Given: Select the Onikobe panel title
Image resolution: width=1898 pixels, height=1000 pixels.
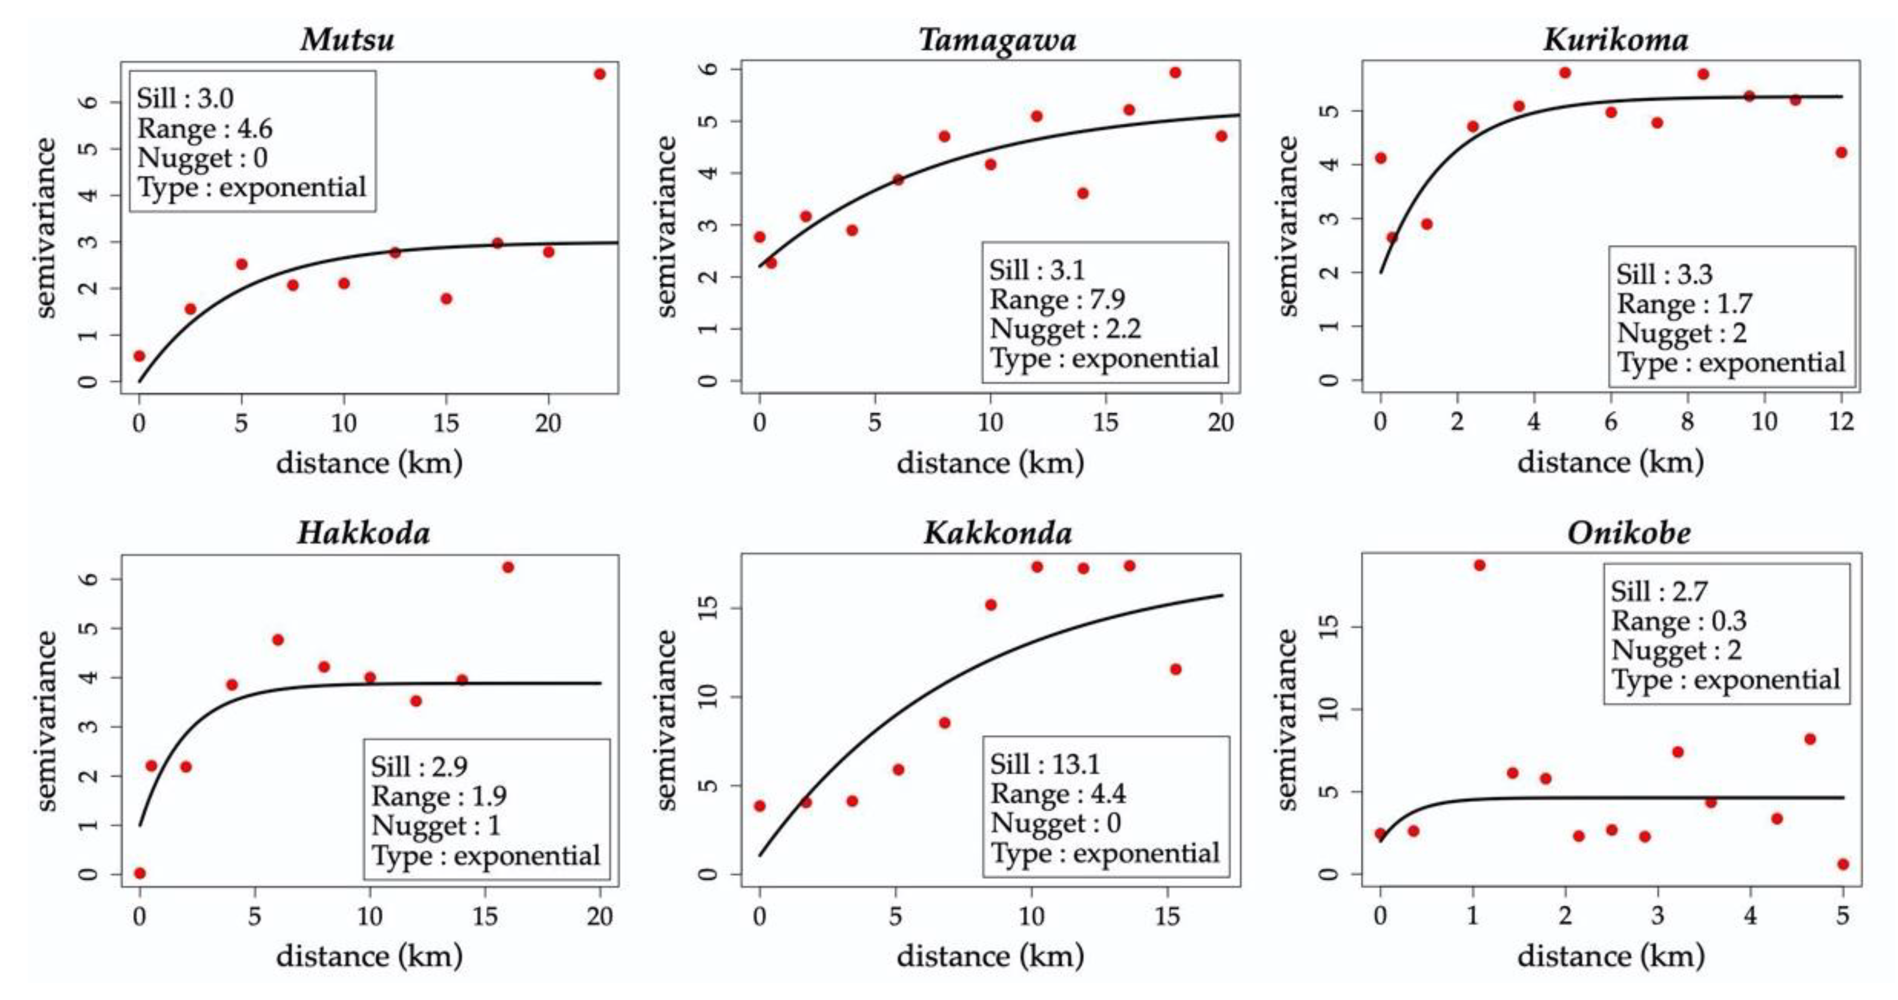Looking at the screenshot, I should tap(1629, 533).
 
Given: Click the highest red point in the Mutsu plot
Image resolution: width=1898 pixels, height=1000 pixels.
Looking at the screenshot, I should tap(600, 74).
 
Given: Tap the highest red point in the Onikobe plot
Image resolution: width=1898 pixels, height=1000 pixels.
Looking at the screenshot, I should tap(1479, 565).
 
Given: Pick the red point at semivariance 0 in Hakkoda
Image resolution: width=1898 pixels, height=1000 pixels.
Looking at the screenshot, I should tap(139, 873).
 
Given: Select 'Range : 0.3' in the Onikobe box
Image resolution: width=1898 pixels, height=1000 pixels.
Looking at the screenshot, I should tap(1679, 621).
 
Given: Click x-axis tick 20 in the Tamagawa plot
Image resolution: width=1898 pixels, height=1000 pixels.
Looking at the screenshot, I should tap(1221, 423).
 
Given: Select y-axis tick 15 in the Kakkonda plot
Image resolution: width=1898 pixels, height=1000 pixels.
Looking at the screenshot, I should tap(709, 609).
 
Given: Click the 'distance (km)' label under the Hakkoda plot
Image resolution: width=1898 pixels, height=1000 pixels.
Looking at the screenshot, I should tap(369, 956).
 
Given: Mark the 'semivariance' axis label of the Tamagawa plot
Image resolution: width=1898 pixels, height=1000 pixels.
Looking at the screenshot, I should tap(667, 227).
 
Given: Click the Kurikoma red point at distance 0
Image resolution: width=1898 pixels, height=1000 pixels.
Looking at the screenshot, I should tap(1381, 158).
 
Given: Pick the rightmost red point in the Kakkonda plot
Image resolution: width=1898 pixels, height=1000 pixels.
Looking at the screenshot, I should tap(1175, 669).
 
